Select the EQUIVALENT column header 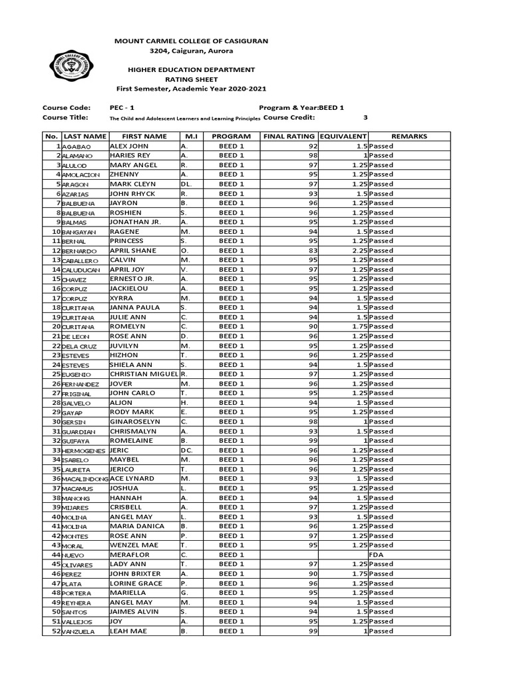[343, 137]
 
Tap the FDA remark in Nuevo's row [377, 555]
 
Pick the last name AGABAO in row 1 [77, 147]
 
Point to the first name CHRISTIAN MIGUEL [144, 374]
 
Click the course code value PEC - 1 [122, 108]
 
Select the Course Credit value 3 [365, 117]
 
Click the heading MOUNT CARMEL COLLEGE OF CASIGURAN [192, 41]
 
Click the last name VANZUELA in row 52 [79, 631]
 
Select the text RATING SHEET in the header [192, 79]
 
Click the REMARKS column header [409, 137]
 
